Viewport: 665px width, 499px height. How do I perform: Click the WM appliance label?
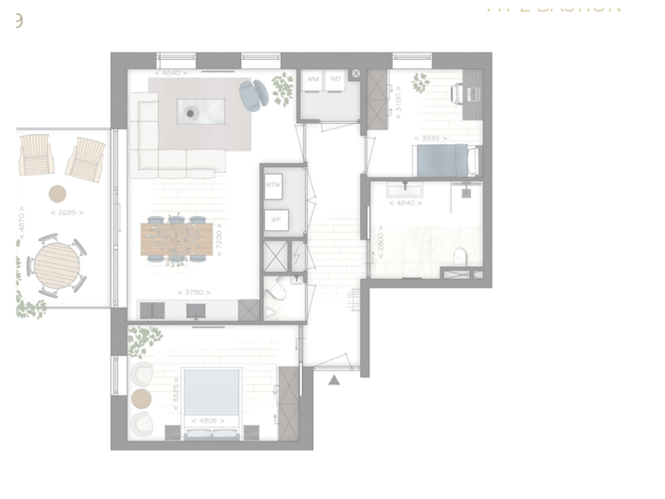click(x=313, y=79)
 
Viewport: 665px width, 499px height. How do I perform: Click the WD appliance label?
click(x=336, y=79)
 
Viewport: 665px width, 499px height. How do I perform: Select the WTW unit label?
click(x=272, y=186)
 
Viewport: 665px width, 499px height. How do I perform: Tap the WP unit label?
click(x=274, y=220)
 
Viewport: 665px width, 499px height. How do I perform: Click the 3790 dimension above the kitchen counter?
click(x=191, y=293)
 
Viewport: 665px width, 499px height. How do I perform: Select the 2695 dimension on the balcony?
click(x=66, y=213)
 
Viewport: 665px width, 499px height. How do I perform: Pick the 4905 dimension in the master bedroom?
click(x=205, y=420)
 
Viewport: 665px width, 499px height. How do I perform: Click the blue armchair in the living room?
click(x=253, y=93)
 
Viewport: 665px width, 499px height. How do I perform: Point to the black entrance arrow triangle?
click(x=334, y=378)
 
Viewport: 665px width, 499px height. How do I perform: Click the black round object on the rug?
click(x=191, y=114)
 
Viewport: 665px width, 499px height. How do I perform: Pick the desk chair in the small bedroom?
click(x=459, y=92)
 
